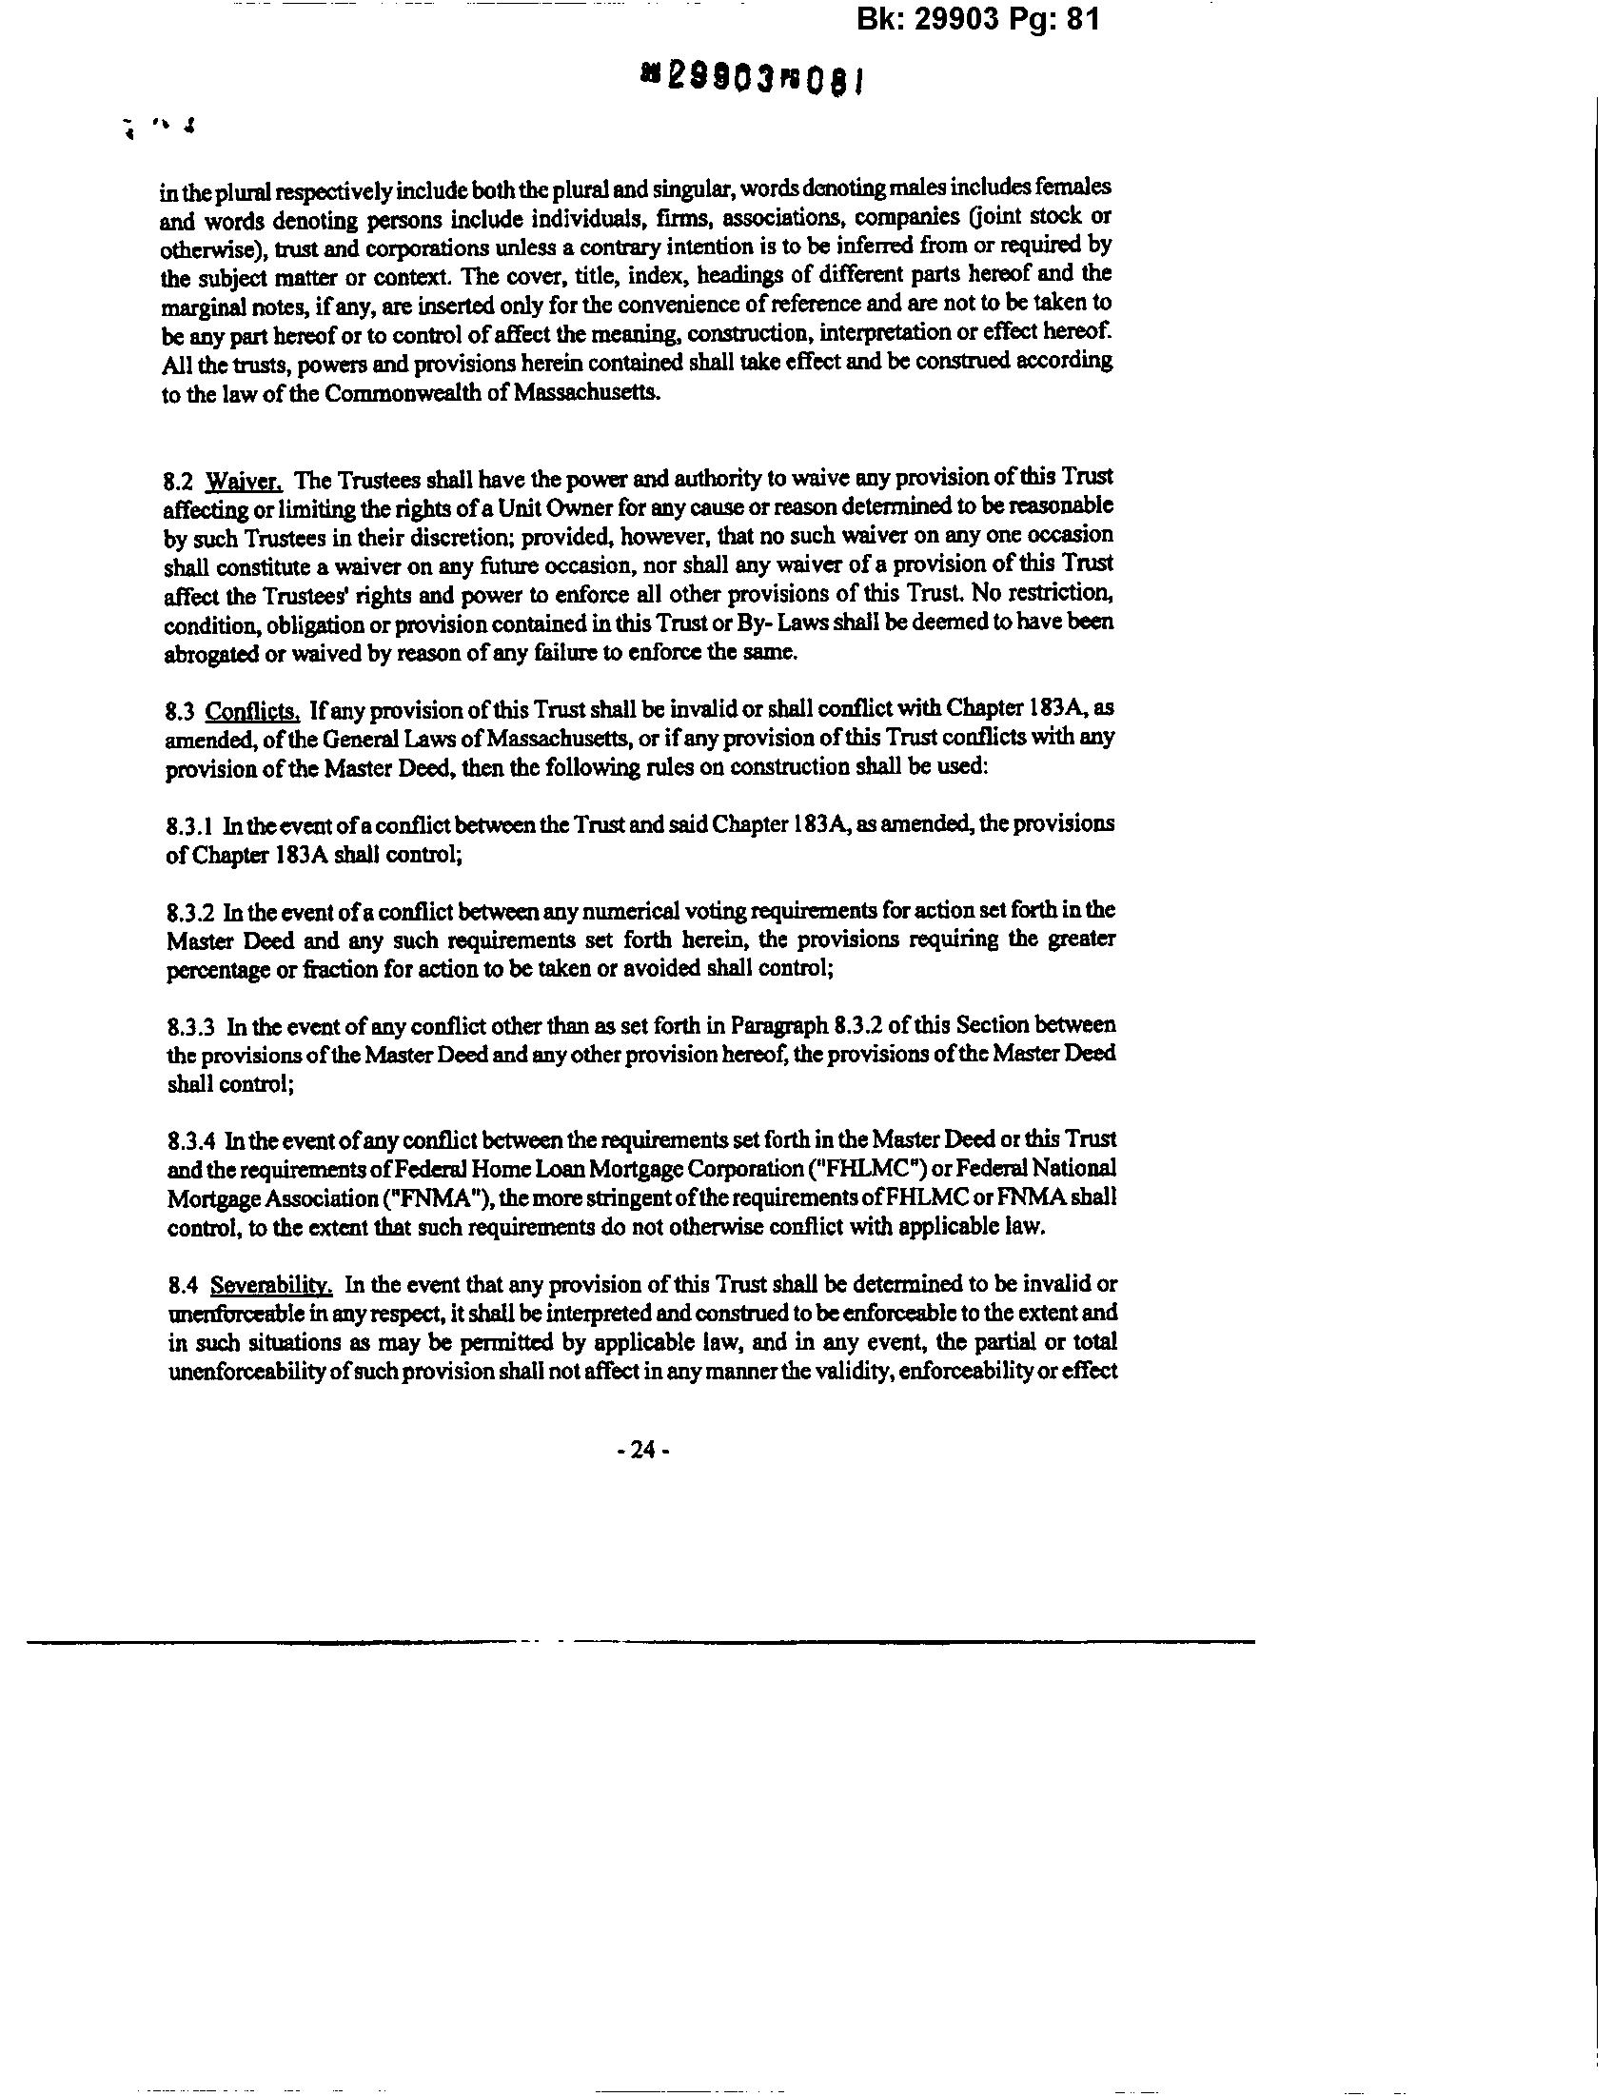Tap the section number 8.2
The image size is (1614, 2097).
180,479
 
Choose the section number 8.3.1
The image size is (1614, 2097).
189,825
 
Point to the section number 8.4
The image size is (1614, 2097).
181,1286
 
